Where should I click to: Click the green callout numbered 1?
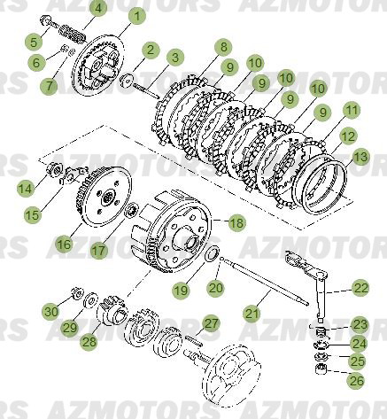click(x=135, y=15)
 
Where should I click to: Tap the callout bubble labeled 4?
click(x=99, y=10)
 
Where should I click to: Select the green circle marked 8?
click(x=222, y=47)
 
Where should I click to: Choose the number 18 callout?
click(x=236, y=223)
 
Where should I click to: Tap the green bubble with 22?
click(x=360, y=287)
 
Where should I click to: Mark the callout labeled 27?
click(x=211, y=323)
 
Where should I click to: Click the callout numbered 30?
click(x=50, y=311)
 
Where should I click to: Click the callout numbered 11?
click(x=352, y=111)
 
